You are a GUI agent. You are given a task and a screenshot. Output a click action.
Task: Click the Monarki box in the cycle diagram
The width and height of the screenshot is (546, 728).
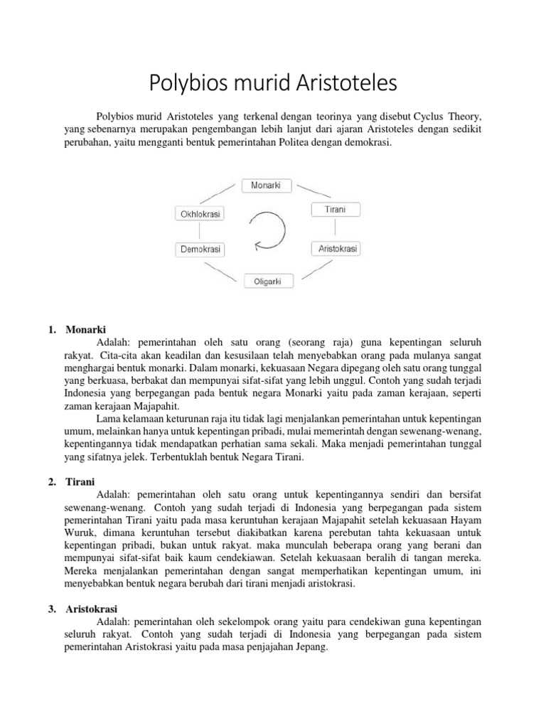point(266,185)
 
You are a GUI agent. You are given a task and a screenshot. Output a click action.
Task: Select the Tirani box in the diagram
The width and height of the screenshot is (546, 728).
point(336,209)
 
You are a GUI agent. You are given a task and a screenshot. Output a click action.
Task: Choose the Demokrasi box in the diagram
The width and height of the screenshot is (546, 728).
point(199,250)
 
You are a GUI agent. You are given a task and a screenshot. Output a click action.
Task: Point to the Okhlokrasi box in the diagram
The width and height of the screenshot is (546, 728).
point(199,213)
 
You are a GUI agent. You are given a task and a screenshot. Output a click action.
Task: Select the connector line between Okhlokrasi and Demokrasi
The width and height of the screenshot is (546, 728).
point(200,231)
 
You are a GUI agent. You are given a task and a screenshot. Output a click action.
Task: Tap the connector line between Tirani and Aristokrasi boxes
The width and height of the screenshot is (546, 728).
point(335,229)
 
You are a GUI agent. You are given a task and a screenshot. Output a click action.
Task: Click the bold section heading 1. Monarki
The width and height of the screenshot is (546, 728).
point(79,330)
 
